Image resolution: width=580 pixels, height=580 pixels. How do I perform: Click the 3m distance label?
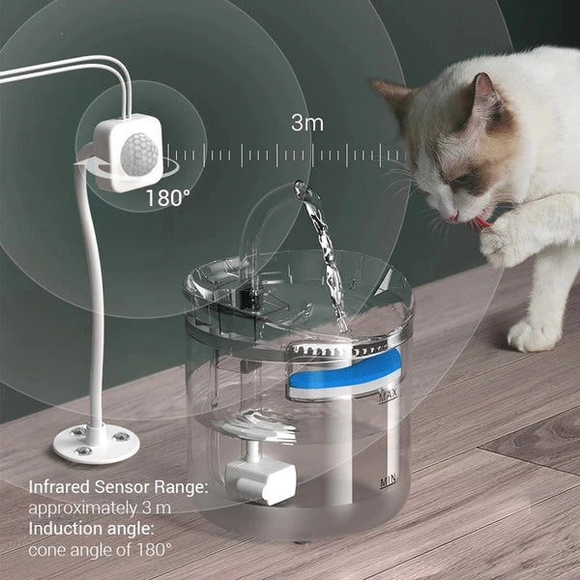[x=307, y=123]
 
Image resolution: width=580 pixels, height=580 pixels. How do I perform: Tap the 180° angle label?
[x=167, y=198]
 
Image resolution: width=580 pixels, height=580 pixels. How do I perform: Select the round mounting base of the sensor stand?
[x=95, y=443]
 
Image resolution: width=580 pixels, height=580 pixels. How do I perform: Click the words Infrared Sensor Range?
[x=118, y=488]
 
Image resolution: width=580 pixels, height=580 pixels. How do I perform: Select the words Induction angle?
[x=92, y=529]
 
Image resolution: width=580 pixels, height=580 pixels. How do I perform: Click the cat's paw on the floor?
[x=536, y=334]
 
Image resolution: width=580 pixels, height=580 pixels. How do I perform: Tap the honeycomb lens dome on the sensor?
[x=139, y=153]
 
